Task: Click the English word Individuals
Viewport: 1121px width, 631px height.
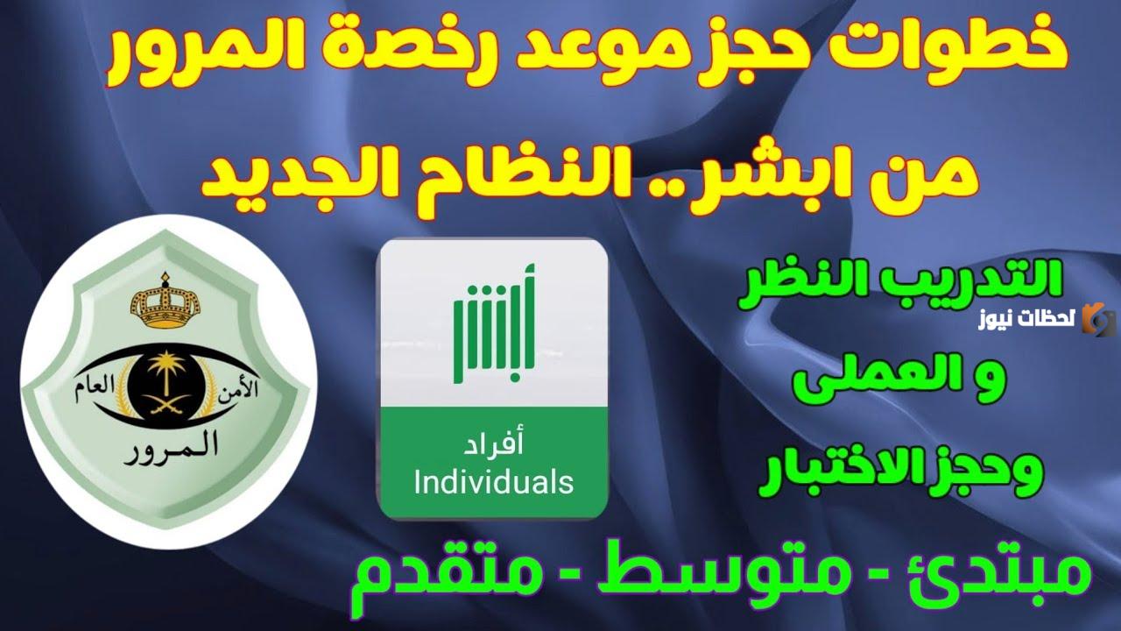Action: coord(493,481)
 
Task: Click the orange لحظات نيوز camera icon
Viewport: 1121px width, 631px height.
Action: coord(1098,319)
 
